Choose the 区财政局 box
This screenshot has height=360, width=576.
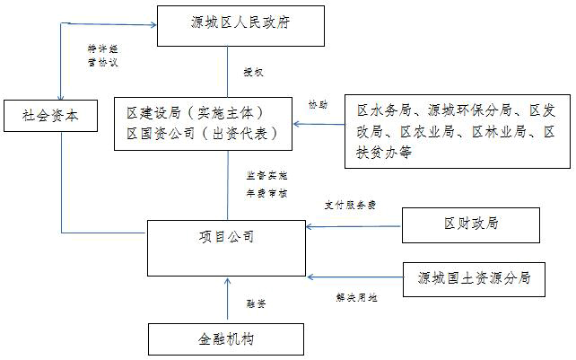click(470, 224)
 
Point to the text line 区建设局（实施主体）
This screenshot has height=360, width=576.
click(195, 113)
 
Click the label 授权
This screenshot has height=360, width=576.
click(253, 70)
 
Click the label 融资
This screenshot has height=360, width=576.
click(256, 304)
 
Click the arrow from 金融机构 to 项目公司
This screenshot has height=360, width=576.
click(226, 299)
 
